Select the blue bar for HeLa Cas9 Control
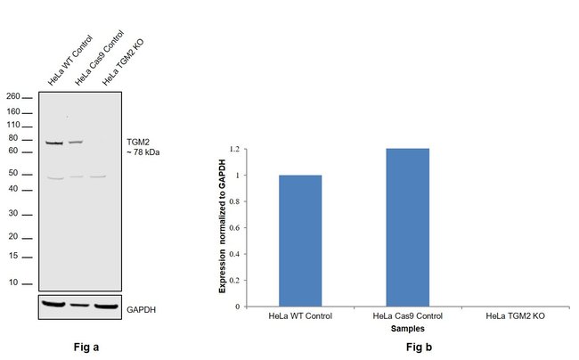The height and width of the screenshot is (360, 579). point(407,227)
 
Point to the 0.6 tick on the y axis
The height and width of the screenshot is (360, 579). point(236,228)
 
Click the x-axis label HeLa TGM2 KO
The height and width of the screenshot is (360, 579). point(518,317)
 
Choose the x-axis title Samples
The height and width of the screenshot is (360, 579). point(407,329)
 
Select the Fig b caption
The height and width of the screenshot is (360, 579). point(408,347)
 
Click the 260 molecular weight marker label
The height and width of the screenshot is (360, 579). point(13,96)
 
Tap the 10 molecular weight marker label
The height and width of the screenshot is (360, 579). point(14,282)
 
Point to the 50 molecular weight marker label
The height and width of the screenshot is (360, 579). point(14,174)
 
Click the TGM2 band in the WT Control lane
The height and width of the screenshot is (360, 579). point(54,143)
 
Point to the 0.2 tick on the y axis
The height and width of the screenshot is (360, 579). point(236,280)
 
